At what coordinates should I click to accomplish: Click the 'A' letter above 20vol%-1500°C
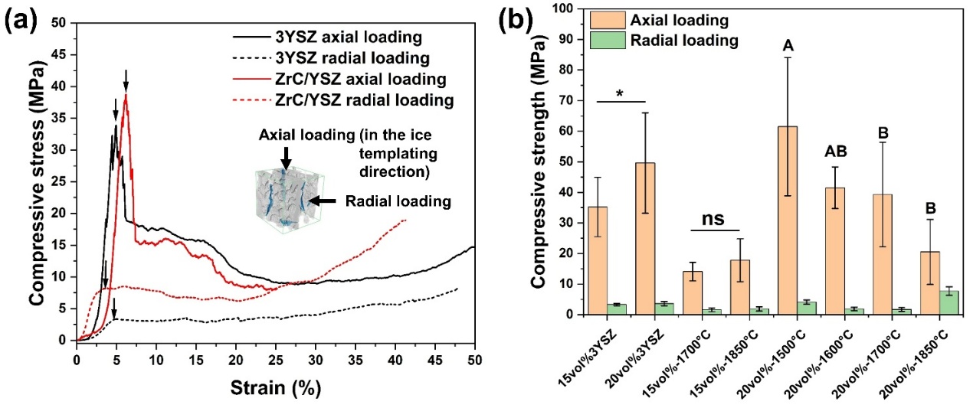pos(787,47)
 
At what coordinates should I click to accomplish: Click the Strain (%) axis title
pos(276,388)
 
